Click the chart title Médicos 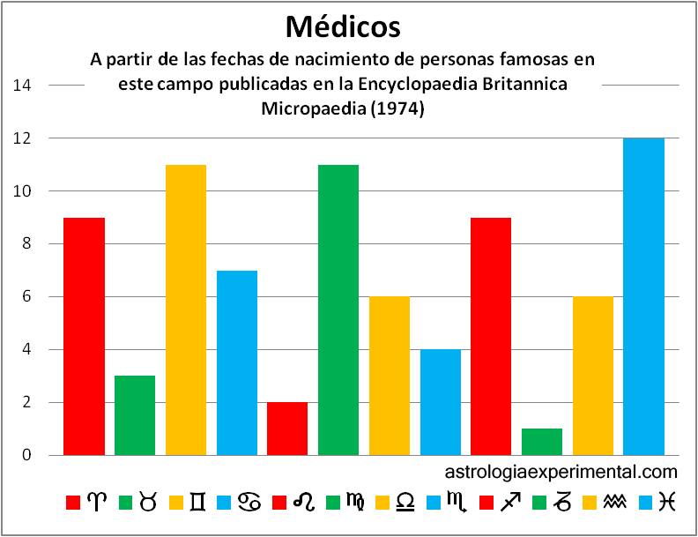pyautogui.click(x=344, y=26)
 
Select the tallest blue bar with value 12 pyautogui.click(x=643, y=296)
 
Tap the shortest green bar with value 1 pyautogui.click(x=542, y=442)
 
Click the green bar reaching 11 pyautogui.click(x=338, y=310)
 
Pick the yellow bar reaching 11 pyautogui.click(x=186, y=310)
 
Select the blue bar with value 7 pyautogui.click(x=237, y=362)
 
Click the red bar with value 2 pyautogui.click(x=287, y=429)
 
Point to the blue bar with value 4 pyautogui.click(x=440, y=402)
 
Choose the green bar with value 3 pyautogui.click(x=135, y=415)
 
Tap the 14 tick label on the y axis pyautogui.click(x=23, y=86)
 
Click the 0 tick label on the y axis pyautogui.click(x=26, y=456)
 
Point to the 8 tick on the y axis pyautogui.click(x=26, y=244)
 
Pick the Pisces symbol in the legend pyautogui.click(x=667, y=502)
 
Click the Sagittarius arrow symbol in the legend pyautogui.click(x=509, y=502)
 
